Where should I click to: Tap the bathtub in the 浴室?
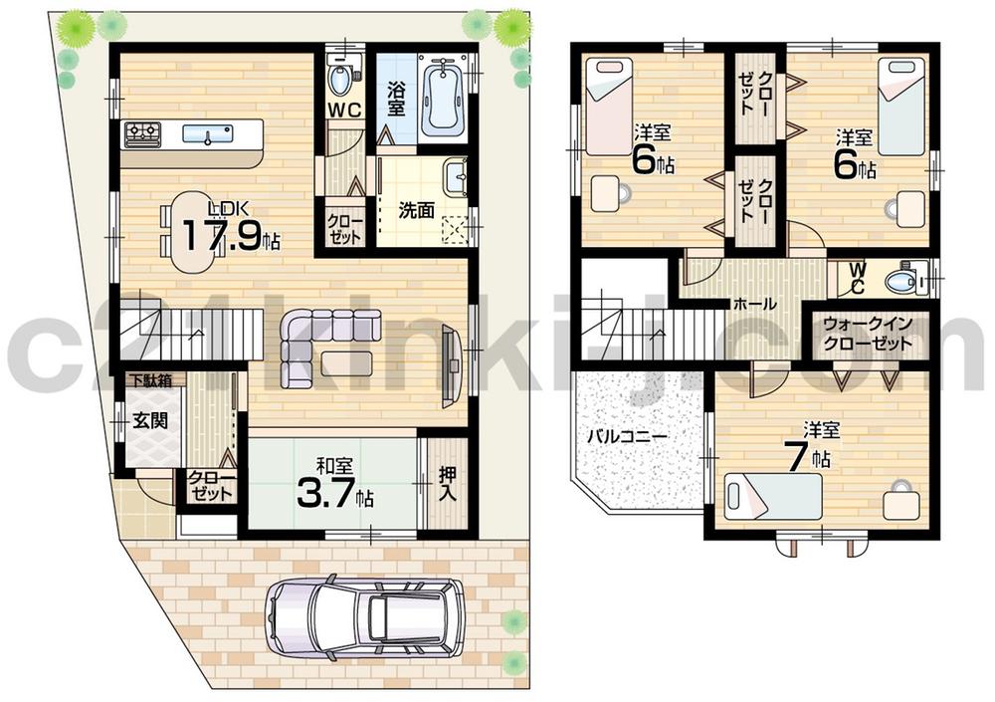pos(438,96)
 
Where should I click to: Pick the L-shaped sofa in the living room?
pos(318,344)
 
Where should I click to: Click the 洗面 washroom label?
pos(415,210)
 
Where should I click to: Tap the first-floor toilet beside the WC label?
pos(340,77)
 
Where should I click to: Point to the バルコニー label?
pos(626,435)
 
